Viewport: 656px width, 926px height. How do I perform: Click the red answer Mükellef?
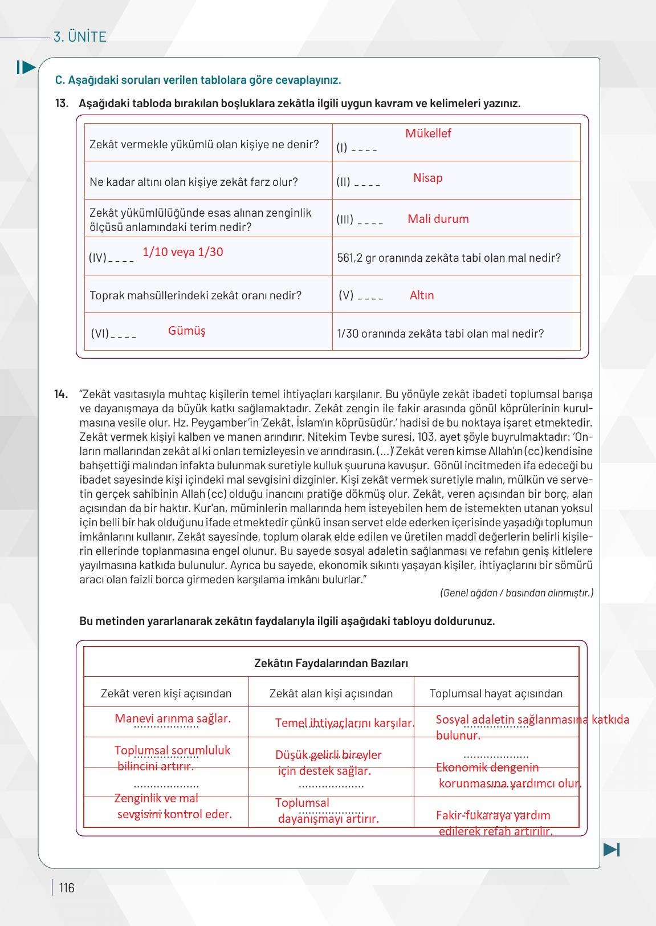428,133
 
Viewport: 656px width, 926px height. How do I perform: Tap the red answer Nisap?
427,178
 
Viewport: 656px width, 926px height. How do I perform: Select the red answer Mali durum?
438,219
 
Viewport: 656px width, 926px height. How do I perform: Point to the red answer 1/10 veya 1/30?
182,252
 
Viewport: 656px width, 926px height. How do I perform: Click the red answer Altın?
422,295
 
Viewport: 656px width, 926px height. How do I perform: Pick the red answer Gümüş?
186,331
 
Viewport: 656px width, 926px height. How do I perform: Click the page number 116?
67,888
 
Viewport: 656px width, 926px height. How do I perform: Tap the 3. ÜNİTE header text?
80,37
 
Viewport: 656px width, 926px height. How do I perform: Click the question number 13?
62,103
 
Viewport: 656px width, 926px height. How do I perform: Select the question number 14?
61,394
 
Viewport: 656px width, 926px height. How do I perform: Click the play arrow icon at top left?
26,67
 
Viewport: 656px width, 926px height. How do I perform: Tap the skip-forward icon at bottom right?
612,849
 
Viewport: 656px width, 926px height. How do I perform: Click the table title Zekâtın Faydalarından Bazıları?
331,663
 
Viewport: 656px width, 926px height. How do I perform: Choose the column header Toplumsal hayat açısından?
496,693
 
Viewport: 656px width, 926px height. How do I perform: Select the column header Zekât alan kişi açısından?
331,693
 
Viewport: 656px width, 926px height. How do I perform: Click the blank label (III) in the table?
345,219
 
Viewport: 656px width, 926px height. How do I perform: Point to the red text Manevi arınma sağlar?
173,718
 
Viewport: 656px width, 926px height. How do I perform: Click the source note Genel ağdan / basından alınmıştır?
516,593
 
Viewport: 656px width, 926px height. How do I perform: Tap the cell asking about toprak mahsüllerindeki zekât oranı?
195,295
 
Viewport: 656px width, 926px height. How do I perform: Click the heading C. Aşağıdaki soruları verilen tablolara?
198,80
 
